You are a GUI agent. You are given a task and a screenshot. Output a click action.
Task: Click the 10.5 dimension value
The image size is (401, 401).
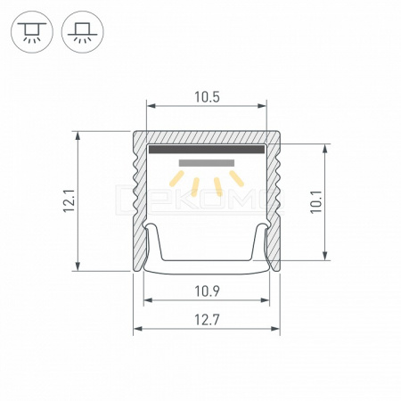(207, 97)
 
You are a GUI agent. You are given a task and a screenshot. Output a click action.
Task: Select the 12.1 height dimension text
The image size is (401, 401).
(69, 200)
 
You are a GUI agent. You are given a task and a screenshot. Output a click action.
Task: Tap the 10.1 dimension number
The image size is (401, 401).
(316, 202)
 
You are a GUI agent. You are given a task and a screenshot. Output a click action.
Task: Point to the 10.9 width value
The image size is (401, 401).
(207, 291)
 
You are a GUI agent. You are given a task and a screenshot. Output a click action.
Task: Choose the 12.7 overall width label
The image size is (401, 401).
(207, 320)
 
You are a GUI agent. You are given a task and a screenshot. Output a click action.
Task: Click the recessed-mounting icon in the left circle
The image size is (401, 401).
(32, 32)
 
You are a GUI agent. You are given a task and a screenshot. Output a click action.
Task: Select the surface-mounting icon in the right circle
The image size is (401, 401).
(83, 32)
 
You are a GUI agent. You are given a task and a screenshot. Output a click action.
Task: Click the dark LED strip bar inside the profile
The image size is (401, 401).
(207, 149)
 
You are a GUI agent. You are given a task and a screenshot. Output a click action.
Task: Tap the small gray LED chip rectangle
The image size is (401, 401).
(207, 163)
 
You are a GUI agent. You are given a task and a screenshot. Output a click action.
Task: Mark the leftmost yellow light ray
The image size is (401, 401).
(176, 178)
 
